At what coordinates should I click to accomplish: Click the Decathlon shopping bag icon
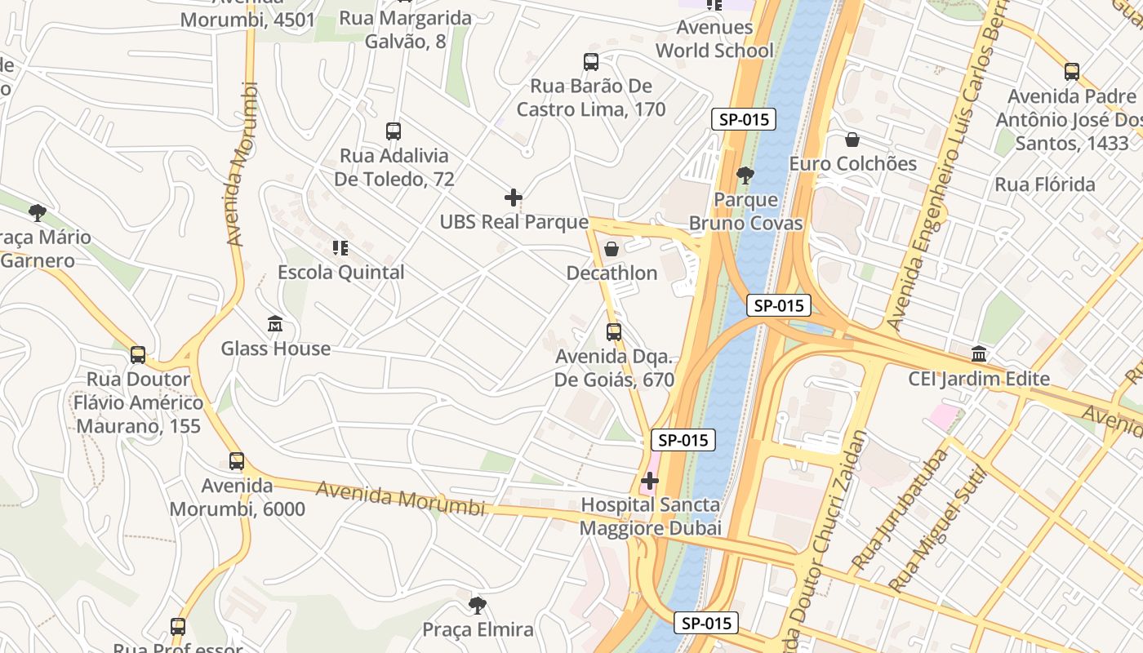611,249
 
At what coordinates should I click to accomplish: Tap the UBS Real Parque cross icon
514,197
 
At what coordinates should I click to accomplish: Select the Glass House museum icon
275,324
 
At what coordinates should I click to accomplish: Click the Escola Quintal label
340,273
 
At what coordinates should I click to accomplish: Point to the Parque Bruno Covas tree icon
745,175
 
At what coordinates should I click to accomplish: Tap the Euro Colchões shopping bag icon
852,140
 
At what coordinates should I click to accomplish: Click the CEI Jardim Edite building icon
979,354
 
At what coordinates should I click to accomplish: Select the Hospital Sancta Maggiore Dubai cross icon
650,481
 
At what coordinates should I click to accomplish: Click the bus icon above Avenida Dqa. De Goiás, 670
614,332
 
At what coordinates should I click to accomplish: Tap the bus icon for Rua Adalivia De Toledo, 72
394,131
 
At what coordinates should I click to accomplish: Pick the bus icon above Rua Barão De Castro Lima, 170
591,62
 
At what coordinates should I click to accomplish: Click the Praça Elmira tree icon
478,606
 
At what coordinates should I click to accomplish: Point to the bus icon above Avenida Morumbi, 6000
237,461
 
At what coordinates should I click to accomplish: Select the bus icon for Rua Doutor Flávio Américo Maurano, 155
138,355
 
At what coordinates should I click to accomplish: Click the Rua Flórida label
1044,184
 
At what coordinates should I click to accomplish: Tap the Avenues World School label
714,39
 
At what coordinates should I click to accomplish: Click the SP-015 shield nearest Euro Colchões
743,119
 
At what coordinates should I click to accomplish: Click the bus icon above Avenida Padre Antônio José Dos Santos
1072,72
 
